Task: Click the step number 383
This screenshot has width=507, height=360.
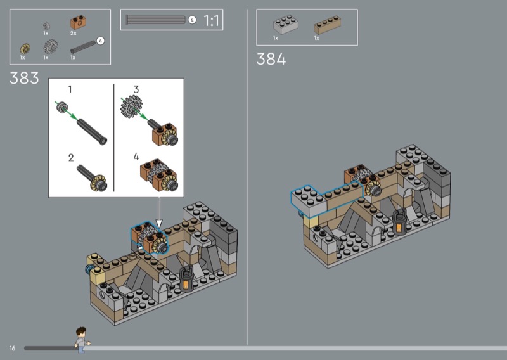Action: [24, 78]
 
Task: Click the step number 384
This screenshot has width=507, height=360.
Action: [271, 59]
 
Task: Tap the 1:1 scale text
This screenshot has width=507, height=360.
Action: [211, 21]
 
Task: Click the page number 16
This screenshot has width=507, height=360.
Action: [12, 348]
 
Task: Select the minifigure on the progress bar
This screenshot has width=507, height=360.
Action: [82, 340]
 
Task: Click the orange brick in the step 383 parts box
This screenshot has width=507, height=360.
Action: [79, 22]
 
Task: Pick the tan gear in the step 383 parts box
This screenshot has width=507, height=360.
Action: [25, 49]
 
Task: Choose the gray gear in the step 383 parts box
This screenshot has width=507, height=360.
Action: [51, 46]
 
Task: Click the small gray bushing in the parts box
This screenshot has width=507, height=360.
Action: [46, 26]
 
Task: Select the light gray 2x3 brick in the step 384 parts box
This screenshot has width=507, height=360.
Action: [286, 24]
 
